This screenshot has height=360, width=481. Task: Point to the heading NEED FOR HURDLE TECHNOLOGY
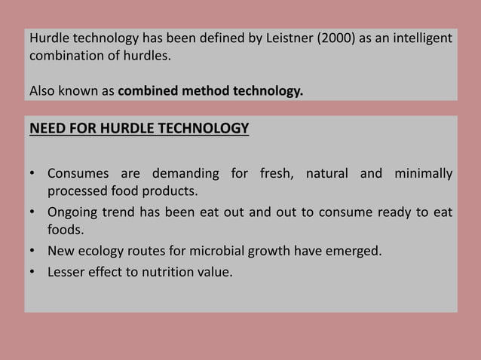tap(139, 129)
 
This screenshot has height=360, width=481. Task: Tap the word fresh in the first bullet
tap(277, 175)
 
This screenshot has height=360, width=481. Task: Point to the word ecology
tap(110, 250)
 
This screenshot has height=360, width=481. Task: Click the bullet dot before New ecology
tap(34, 250)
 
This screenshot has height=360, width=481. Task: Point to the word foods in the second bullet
tap(65, 230)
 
